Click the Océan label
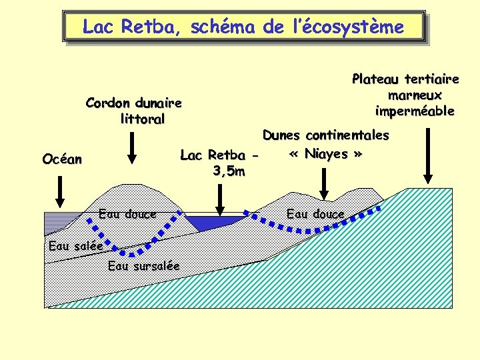[62, 159]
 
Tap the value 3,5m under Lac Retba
[228, 172]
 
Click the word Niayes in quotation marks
[326, 154]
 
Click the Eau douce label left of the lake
[127, 214]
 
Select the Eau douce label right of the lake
[315, 214]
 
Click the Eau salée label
[76, 246]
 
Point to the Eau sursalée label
[143, 266]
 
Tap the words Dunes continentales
[325, 135]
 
